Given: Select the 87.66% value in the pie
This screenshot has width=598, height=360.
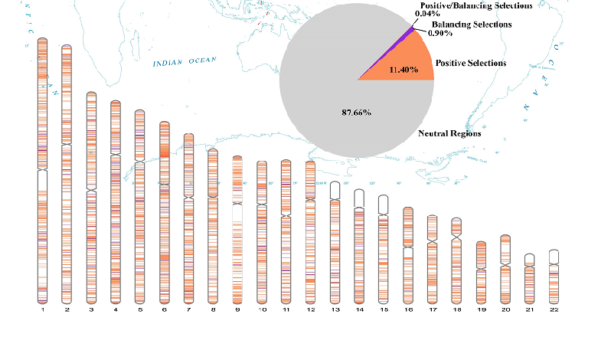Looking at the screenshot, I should click(356, 113).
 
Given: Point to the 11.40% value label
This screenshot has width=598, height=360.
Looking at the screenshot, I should click(403, 70).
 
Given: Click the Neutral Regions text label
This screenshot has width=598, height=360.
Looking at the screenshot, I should click(449, 133).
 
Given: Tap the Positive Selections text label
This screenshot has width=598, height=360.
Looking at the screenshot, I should click(470, 63).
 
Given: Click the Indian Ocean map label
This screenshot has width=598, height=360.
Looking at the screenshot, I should click(185, 61).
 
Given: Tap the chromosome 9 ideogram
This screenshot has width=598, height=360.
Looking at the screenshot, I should click(237, 230).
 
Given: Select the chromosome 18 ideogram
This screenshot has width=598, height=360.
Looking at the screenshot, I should click(456, 260).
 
